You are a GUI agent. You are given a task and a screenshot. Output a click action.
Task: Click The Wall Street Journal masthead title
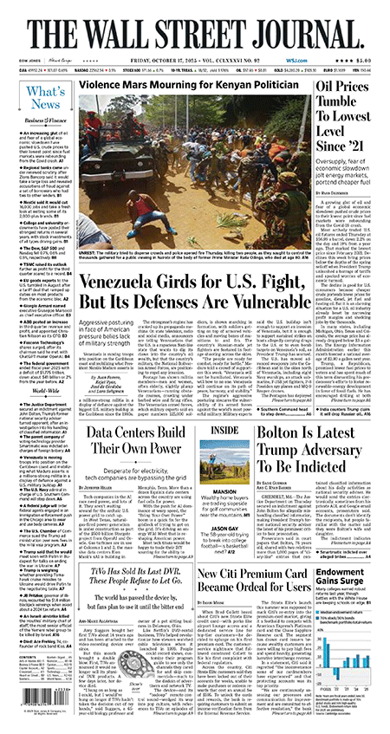click(194, 25)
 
